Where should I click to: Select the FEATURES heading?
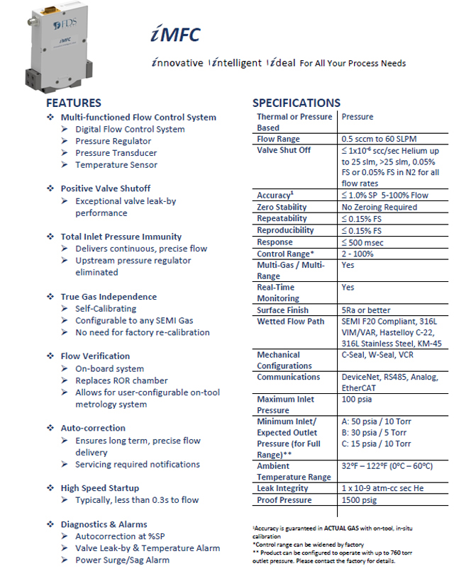point(73,103)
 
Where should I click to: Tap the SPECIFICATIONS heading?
point(296,103)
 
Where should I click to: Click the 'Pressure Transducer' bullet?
point(116,153)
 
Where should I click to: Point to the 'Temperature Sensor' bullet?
point(116,165)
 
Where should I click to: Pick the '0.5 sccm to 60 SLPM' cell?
point(381,139)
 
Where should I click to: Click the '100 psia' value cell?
point(357,400)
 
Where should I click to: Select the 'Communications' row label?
point(288,377)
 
